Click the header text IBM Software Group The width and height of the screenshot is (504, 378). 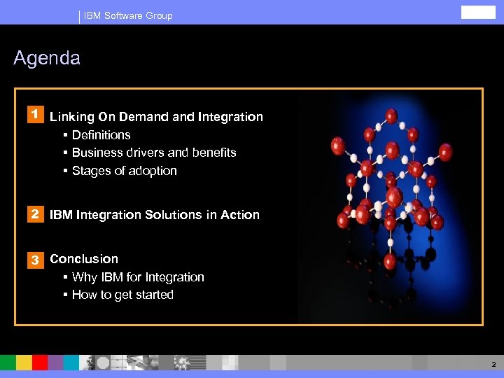128,15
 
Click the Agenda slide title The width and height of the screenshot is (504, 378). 47,58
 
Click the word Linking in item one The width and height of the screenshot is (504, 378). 71,117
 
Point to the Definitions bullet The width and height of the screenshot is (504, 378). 101,135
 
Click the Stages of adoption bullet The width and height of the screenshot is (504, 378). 124,171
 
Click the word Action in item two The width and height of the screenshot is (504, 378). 240,215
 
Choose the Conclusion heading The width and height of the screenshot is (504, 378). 84,259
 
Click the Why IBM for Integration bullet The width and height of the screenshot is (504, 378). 138,277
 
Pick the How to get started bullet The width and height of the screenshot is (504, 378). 122,295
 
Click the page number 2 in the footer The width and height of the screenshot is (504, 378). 493,364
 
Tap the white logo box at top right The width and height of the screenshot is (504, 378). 478,13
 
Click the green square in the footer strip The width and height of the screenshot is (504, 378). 8,363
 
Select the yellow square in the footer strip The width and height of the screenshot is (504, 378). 24,363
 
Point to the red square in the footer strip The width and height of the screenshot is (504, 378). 40,363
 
